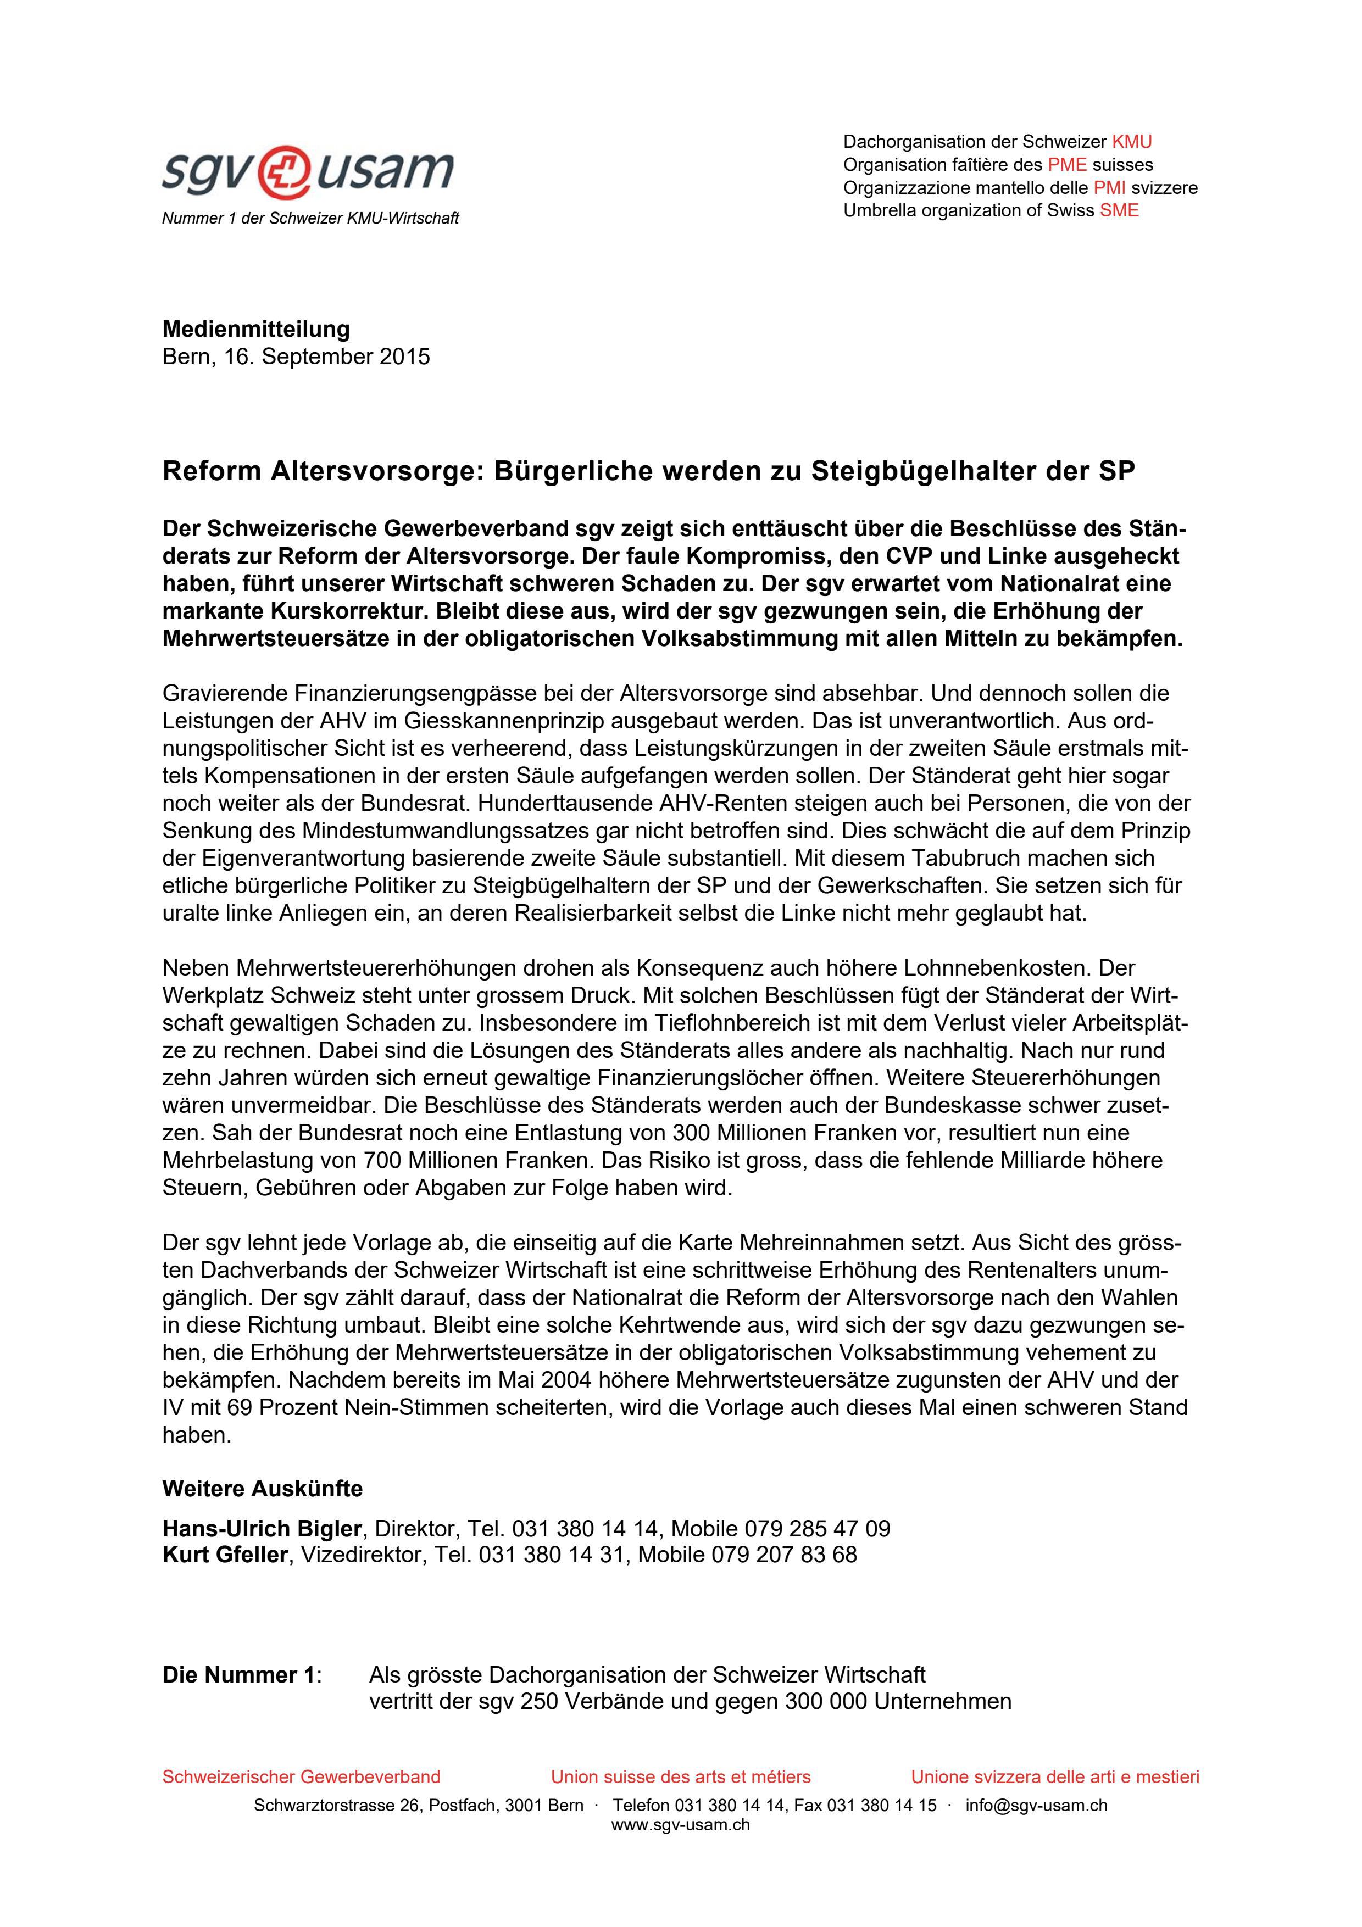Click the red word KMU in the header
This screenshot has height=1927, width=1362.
click(x=1131, y=142)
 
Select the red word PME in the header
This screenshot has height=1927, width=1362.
click(x=1066, y=164)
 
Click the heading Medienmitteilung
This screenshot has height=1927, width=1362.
click(x=256, y=329)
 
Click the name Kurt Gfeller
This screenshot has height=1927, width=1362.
click(x=225, y=1555)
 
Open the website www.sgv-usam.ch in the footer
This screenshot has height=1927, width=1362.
click(x=681, y=1825)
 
